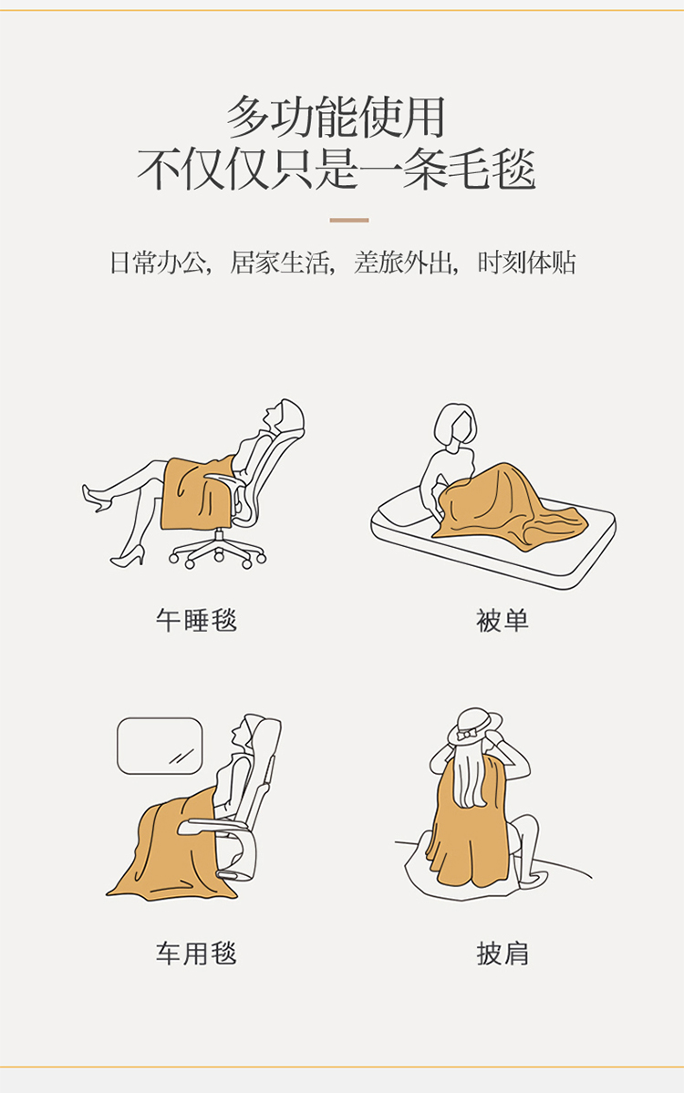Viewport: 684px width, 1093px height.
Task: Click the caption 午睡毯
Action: pyautogui.click(x=196, y=620)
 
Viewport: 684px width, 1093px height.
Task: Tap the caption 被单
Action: pyautogui.click(x=502, y=620)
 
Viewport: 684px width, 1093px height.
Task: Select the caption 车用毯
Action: pyautogui.click(x=196, y=953)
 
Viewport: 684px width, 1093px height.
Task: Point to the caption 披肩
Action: pyautogui.click(x=502, y=953)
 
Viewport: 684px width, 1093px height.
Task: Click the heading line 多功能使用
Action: pyautogui.click(x=336, y=117)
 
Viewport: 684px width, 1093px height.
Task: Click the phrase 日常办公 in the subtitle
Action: pyautogui.click(x=158, y=263)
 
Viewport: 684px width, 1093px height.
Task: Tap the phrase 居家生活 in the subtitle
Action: pyautogui.click(x=280, y=263)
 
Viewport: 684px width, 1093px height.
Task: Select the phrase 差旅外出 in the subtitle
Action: pyautogui.click(x=402, y=263)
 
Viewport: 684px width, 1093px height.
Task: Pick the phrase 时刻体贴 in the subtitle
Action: pyautogui.click(x=526, y=263)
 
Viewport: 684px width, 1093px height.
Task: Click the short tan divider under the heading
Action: pyautogui.click(x=348, y=221)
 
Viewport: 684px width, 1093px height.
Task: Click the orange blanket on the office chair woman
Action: pyautogui.click(x=198, y=491)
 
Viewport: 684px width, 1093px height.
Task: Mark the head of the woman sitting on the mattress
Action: pyautogui.click(x=455, y=425)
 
